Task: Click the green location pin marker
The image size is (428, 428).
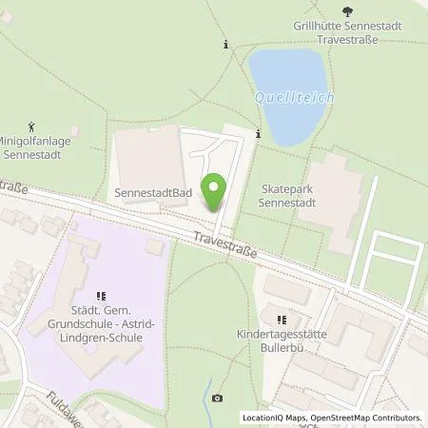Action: [x=216, y=191]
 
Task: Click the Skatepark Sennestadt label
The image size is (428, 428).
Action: [x=292, y=196]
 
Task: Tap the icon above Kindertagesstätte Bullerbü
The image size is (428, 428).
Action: [x=280, y=320]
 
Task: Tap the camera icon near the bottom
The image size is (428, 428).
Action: [x=218, y=398]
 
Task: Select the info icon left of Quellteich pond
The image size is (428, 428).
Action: [x=225, y=44]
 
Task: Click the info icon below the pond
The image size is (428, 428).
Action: [x=258, y=134]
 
